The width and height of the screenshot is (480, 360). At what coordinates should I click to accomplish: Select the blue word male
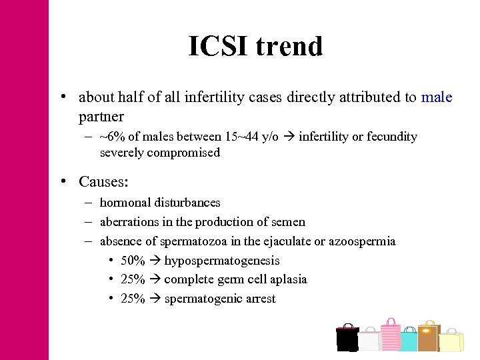pos(437,97)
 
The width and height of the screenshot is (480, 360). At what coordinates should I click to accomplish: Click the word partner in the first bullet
pos(101,117)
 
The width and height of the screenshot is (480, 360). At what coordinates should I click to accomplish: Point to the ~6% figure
pos(111,137)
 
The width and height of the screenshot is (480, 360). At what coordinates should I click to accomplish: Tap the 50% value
pos(133,261)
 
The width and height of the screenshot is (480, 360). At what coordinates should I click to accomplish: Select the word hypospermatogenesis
pos(222,261)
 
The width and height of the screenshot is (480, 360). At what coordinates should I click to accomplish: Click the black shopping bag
pos(347,339)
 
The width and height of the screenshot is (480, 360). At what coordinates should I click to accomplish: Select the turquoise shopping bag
pos(409,340)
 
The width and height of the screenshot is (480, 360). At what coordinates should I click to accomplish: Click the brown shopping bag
pos(428,337)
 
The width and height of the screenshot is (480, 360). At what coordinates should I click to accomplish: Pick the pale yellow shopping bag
pos(451,341)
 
